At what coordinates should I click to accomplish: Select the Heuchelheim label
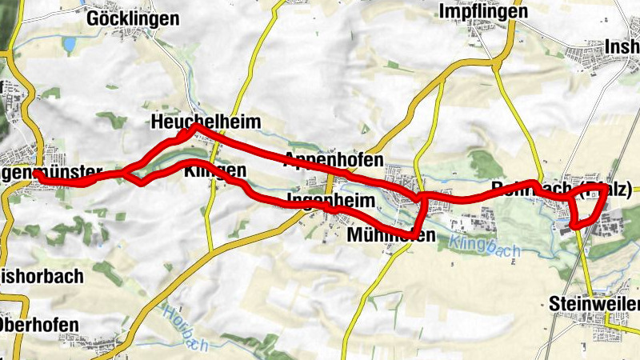pos(194,122)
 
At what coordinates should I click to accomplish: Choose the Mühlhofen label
pos(392,235)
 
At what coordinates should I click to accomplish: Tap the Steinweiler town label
pos(595,304)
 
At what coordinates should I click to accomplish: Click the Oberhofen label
pos(39,325)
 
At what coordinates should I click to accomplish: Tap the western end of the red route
pos(38,174)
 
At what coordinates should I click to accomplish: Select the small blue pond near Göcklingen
pos(70,44)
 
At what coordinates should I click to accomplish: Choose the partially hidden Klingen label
pos(214,171)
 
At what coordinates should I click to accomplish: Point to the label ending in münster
pos(51,172)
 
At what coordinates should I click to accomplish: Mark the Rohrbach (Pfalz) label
pos(560,190)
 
